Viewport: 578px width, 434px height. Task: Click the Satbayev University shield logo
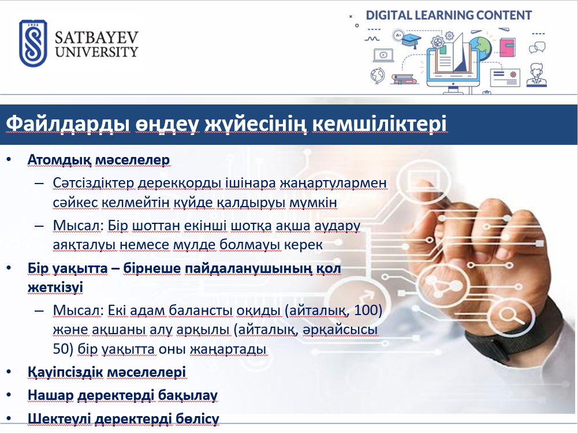coord(33,43)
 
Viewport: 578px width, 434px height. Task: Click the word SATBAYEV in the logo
coord(96,37)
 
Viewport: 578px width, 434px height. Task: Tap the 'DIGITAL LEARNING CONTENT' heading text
coord(449,16)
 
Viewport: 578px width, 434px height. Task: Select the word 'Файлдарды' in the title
coord(68,124)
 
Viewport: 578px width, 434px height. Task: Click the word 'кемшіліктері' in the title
coord(380,124)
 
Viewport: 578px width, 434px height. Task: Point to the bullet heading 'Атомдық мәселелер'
coord(99,160)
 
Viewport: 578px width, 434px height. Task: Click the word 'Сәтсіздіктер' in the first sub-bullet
coord(94,183)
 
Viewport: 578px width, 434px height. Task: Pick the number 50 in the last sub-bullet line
coord(61,349)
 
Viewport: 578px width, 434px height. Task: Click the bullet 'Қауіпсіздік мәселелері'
coord(107,372)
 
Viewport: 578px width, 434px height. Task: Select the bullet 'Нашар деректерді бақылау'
coord(123,395)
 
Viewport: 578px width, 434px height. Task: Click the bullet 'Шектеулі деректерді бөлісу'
coord(124,418)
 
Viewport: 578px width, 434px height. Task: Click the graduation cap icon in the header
coord(411,40)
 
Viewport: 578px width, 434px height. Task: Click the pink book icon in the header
coord(508,47)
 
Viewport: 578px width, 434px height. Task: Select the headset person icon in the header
coord(536,75)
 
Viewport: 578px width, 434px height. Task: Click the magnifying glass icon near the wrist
coord(510,316)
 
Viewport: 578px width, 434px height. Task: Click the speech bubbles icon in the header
coord(537,47)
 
